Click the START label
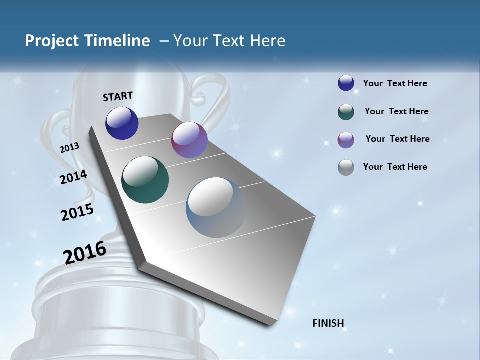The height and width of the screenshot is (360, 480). click(x=118, y=96)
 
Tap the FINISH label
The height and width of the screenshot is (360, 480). click(x=328, y=323)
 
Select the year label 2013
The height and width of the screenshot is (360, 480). click(x=69, y=147)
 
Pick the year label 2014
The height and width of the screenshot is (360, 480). click(x=73, y=177)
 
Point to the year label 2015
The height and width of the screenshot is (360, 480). click(x=77, y=212)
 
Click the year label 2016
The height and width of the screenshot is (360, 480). click(x=85, y=252)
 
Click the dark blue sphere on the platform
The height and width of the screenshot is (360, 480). click(x=122, y=123)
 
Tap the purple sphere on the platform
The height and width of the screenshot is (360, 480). click(x=189, y=140)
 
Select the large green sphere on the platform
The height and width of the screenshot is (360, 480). click(x=145, y=180)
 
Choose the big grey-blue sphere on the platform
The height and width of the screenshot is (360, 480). click(x=216, y=207)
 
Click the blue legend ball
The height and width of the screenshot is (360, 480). click(x=346, y=83)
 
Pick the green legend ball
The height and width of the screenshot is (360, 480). click(x=346, y=112)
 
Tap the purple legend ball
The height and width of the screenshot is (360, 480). click(x=346, y=140)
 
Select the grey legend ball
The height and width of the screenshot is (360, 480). click(x=346, y=167)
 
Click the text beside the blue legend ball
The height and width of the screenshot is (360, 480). click(x=395, y=83)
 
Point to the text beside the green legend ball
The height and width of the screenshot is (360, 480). click(x=396, y=111)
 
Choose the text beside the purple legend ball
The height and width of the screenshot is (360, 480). click(x=397, y=139)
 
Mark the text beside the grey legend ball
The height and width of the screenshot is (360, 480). click(x=395, y=167)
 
